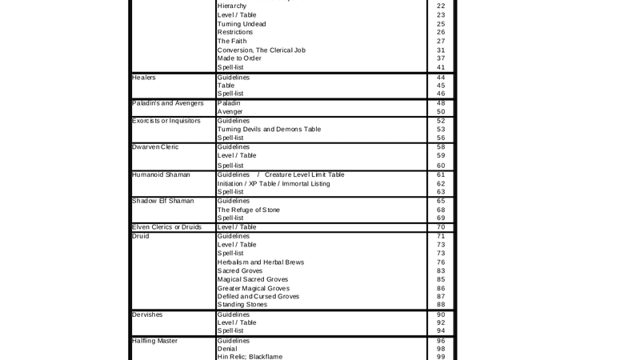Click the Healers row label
pos(144,78)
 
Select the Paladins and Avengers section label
pos(167,103)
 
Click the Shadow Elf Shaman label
pos(162,201)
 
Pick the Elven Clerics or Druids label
pos(166,227)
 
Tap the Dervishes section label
pos(147,314)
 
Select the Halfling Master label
pos(155,341)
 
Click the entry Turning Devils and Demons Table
pos(269,129)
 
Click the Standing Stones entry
pos(242,304)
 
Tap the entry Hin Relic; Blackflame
pos(250,357)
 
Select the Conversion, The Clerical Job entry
pos(261,50)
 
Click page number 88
pos(441,304)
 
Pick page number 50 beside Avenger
pos(441,112)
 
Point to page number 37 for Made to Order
pos(441,58)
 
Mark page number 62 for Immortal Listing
pos(441,183)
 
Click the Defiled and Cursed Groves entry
pos(258,296)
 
